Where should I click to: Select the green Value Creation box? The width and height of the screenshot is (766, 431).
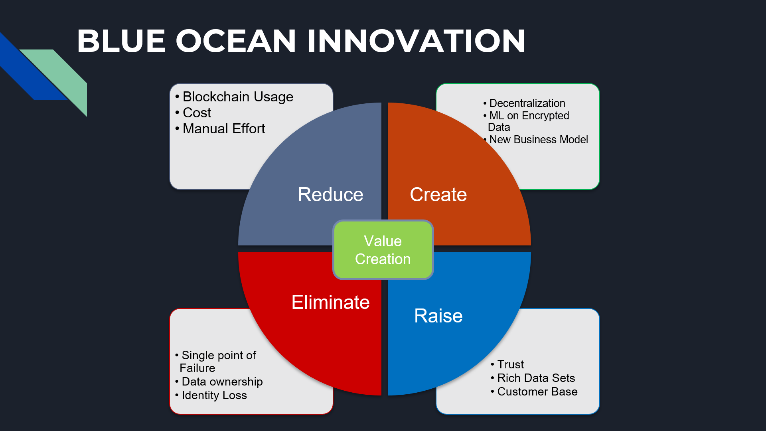pyautogui.click(x=383, y=250)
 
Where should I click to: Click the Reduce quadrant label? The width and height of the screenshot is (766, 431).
pyautogui.click(x=330, y=195)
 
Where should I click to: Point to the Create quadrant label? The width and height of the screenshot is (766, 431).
pyautogui.click(x=438, y=195)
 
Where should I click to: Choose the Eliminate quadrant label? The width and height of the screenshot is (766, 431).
pyautogui.click(x=330, y=302)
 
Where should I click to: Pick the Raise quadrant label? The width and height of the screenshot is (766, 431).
pyautogui.click(x=438, y=316)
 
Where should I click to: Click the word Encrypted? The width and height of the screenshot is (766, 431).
pyautogui.click(x=545, y=116)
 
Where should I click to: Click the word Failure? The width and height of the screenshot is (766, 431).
pyautogui.click(x=197, y=368)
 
